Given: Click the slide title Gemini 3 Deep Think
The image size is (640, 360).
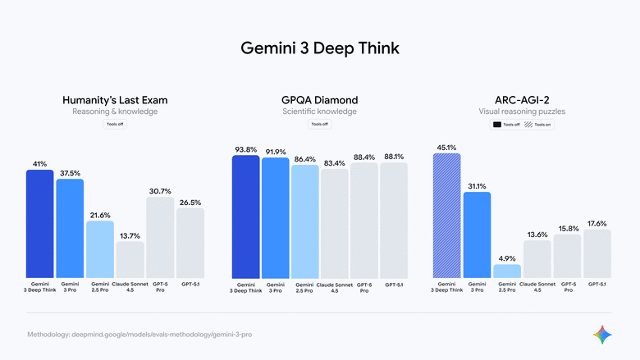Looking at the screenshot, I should click(320, 48).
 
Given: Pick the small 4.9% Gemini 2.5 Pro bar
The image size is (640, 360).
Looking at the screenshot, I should click(506, 271).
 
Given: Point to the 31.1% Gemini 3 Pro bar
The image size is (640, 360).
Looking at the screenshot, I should click(477, 235).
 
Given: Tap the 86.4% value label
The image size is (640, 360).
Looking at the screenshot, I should click(304, 158).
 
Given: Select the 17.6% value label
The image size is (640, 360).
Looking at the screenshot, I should click(597, 224).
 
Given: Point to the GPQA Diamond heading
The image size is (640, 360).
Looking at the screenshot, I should click(319, 100).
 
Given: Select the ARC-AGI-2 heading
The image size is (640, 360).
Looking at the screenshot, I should click(522, 100).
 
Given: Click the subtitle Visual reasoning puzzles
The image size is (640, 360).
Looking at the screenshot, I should click(522, 112).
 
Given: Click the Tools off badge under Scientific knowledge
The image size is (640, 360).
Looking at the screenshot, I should click(319, 125).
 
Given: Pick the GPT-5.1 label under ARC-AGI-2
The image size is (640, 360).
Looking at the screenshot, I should click(597, 284).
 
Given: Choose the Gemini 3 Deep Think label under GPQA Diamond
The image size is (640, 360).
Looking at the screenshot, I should click(245, 287).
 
